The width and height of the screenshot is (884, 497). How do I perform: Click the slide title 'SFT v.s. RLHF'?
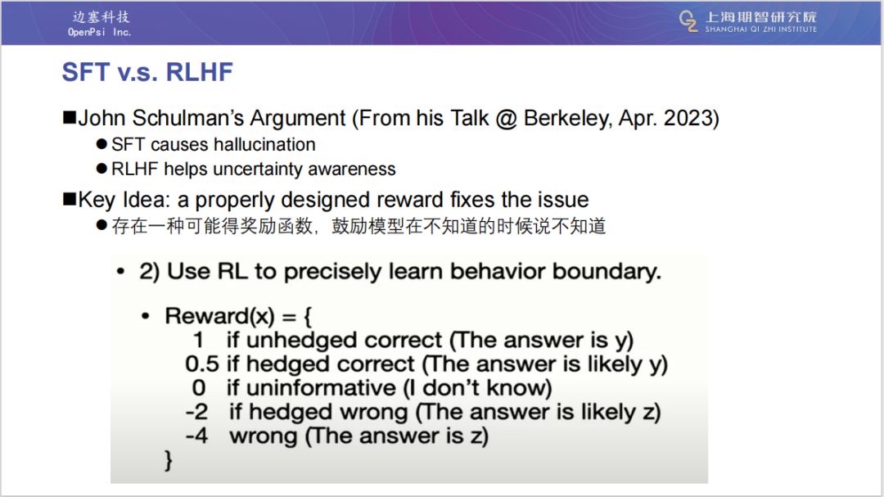click(147, 72)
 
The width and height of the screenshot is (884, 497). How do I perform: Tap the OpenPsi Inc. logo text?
click(100, 25)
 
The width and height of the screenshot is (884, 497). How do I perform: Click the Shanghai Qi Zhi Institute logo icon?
click(688, 21)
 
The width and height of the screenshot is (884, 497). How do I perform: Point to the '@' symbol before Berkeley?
click(507, 119)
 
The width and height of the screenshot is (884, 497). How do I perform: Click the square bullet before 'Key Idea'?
click(70, 200)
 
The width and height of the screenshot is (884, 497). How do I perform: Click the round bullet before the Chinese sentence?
click(101, 225)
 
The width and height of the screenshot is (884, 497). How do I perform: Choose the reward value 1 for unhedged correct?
click(198, 340)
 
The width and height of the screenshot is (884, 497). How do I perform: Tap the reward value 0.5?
click(202, 364)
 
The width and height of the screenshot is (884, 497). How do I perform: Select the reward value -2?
click(196, 413)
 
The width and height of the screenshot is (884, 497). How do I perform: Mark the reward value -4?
click(196, 436)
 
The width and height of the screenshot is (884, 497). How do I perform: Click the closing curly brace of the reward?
click(168, 460)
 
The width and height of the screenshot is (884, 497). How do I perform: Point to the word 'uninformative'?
click(321, 388)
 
